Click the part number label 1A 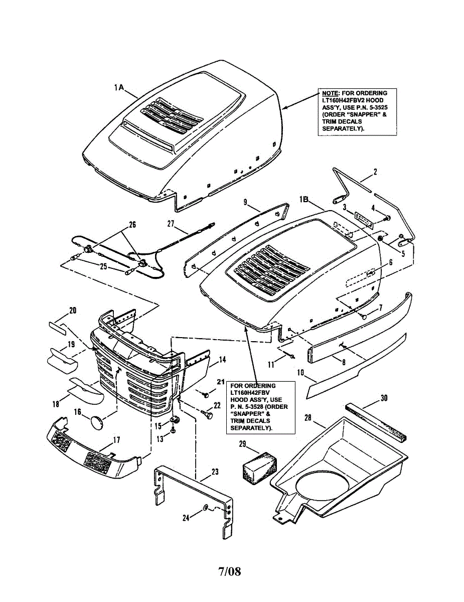119,87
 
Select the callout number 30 384,398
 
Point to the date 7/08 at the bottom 229,571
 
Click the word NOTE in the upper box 330,93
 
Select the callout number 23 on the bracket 215,472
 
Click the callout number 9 245,202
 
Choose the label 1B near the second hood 305,199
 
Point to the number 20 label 73,311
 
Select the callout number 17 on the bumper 116,440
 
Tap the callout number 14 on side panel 222,359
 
